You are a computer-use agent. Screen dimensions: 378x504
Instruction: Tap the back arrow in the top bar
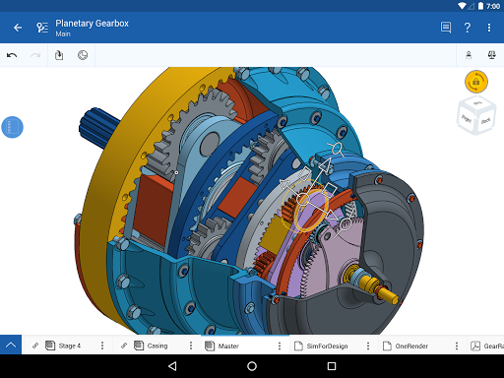pos(17,28)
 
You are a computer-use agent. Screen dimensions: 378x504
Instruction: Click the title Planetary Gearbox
pos(92,23)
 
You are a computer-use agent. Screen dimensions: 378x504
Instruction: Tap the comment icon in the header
pos(446,28)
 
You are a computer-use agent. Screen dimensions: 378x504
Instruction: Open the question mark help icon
pos(468,28)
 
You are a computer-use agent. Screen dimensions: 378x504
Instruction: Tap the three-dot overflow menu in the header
pos(489,28)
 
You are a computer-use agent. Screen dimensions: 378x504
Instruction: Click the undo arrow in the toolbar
pos(12,55)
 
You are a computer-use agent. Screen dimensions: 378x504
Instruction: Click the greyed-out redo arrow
pos(35,55)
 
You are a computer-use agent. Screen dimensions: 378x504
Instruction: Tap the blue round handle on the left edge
pos(12,127)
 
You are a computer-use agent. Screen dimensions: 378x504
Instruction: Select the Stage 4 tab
pos(69,346)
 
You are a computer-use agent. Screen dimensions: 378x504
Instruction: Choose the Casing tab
pos(157,346)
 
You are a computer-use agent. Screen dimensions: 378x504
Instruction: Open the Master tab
pos(227,346)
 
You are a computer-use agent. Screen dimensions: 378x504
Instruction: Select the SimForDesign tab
pos(326,346)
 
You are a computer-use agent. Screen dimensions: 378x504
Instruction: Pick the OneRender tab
pos(410,346)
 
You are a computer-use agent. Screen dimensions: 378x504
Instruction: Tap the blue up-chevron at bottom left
pos(11,346)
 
